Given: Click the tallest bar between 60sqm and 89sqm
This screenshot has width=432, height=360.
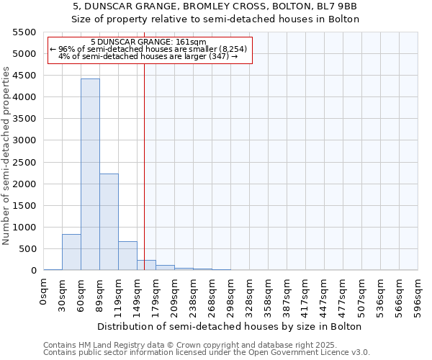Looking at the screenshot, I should point(90,174).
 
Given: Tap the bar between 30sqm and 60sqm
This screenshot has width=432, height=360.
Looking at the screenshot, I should point(71,252).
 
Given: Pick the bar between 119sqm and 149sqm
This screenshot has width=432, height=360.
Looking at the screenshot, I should point(127,256).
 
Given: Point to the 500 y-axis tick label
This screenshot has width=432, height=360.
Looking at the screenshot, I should point(27,248).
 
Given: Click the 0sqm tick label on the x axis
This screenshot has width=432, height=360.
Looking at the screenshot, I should point(44,292).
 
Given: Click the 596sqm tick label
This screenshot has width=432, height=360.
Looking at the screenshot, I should point(418,297).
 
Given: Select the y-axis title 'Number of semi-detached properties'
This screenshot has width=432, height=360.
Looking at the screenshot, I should point(7,156).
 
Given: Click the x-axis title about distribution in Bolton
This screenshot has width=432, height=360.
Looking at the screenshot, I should point(230,326).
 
